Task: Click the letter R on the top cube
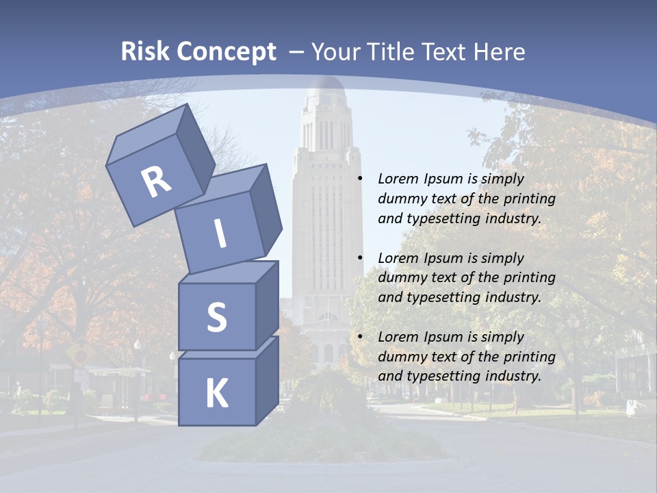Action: click(157, 181)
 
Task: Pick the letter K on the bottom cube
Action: click(216, 394)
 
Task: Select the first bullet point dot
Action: click(360, 179)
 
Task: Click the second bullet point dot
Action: click(360, 258)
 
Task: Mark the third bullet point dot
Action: click(360, 337)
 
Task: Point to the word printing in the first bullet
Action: click(529, 199)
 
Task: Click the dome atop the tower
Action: click(325, 89)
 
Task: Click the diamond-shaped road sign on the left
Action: click(80, 354)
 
